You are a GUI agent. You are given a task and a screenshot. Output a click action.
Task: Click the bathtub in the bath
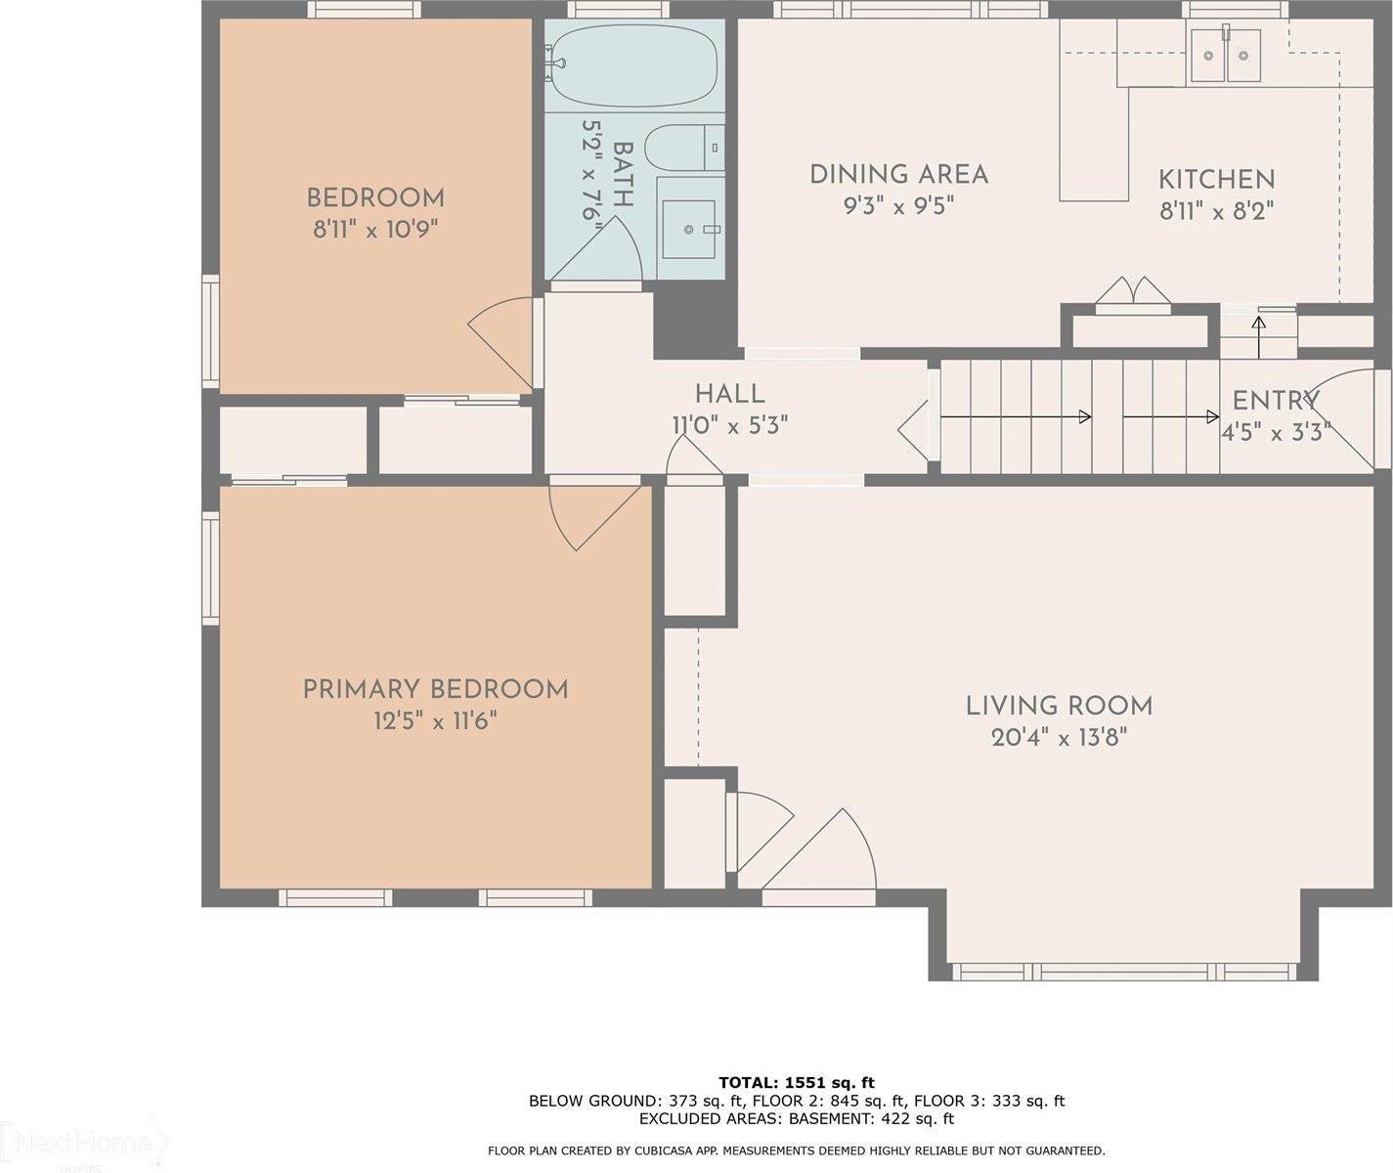(633, 65)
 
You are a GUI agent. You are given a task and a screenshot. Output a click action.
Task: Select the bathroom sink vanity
(690, 229)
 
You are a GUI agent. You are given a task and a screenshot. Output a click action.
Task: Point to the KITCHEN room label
(1216, 180)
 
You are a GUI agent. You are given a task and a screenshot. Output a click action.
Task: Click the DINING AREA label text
(898, 175)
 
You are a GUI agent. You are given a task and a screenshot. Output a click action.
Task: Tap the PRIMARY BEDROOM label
(435, 690)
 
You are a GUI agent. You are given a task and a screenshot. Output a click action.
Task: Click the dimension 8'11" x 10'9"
(374, 230)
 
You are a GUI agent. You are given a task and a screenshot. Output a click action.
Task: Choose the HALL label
(729, 394)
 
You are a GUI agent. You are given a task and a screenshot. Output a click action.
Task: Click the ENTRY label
(1275, 401)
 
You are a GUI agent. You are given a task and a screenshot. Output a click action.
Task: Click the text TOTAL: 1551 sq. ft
(796, 1082)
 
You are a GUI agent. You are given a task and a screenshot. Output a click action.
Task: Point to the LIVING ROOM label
(1059, 706)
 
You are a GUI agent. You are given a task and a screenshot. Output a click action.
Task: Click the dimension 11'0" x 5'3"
(728, 426)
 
